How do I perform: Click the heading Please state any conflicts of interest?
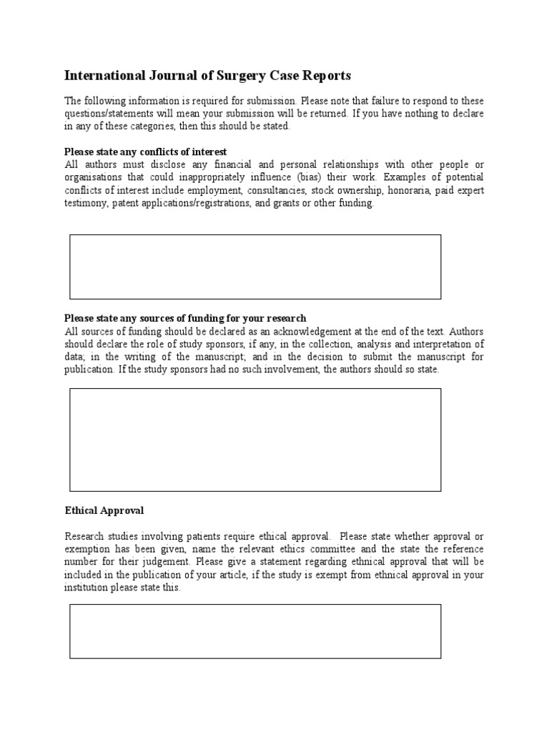[x=146, y=152]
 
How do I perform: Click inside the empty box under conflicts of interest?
[x=255, y=267]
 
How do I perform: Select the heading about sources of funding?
[x=185, y=317]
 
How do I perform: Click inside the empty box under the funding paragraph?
[x=255, y=440]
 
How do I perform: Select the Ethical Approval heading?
[x=104, y=510]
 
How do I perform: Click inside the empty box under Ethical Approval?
[x=255, y=630]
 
